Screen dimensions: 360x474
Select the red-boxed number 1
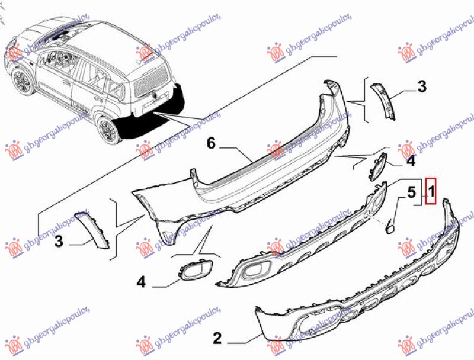tap(431, 191)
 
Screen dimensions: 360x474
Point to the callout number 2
tap(217, 339)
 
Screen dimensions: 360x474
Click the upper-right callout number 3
tap(422, 87)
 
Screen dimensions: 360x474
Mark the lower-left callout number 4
tap(141, 282)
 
